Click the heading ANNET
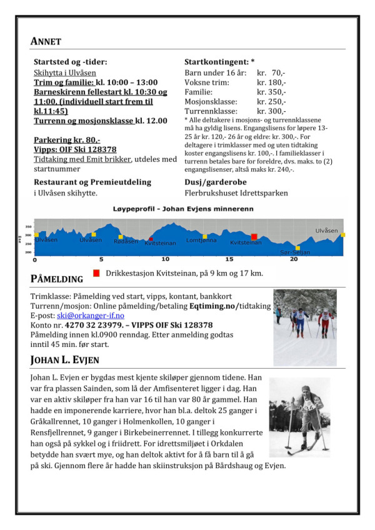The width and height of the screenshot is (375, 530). pos(46,41)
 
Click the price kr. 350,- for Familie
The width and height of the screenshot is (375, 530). pos(271,91)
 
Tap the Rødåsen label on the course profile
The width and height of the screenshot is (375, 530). pos(126,241)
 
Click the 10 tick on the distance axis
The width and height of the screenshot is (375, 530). pos(165,259)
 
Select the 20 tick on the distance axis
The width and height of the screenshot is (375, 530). pos(294,259)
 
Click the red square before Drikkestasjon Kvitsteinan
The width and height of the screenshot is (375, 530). pos(96,273)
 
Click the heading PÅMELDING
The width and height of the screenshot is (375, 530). pos(57,278)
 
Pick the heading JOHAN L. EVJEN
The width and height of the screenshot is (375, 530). pos(64,360)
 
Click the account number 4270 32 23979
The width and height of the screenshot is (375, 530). pos(90,325)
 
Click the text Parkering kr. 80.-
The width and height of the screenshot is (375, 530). pos(67,141)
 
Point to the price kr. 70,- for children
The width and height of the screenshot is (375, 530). pos(274,72)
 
